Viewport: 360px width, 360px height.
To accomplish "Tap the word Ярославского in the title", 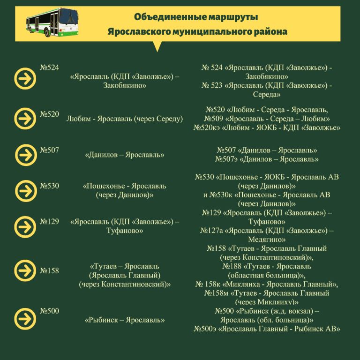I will tap(136, 32).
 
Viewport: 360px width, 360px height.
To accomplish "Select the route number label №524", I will tap(49, 67).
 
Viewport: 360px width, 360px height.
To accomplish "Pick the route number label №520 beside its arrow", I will tap(49, 114).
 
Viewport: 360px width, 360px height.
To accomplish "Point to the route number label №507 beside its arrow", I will tap(49, 150).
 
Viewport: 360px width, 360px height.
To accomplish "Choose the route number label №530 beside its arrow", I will tap(49, 186).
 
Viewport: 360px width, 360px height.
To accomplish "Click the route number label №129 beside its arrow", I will tap(49, 221).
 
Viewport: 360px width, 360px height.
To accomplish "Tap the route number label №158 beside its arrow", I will tap(49, 270).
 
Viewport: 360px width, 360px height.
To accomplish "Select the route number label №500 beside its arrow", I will tap(49, 311).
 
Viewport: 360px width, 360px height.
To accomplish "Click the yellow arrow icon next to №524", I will tap(25, 79).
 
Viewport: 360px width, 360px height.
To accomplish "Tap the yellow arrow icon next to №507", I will tap(25, 155).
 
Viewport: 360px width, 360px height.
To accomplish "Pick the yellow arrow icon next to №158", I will tap(25, 271).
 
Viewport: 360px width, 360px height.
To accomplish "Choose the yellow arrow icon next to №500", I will tap(25, 317).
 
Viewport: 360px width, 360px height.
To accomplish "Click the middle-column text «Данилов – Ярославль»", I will tap(125, 155).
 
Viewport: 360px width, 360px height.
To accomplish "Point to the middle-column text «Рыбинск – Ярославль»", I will tap(125, 321).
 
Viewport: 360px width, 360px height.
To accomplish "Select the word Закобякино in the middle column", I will tap(125, 86).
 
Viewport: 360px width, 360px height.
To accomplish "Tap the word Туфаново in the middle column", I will tap(125, 231).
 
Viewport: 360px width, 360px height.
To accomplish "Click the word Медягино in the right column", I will tap(267, 239).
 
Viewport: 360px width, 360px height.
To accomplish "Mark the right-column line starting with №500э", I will tap(267, 329).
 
